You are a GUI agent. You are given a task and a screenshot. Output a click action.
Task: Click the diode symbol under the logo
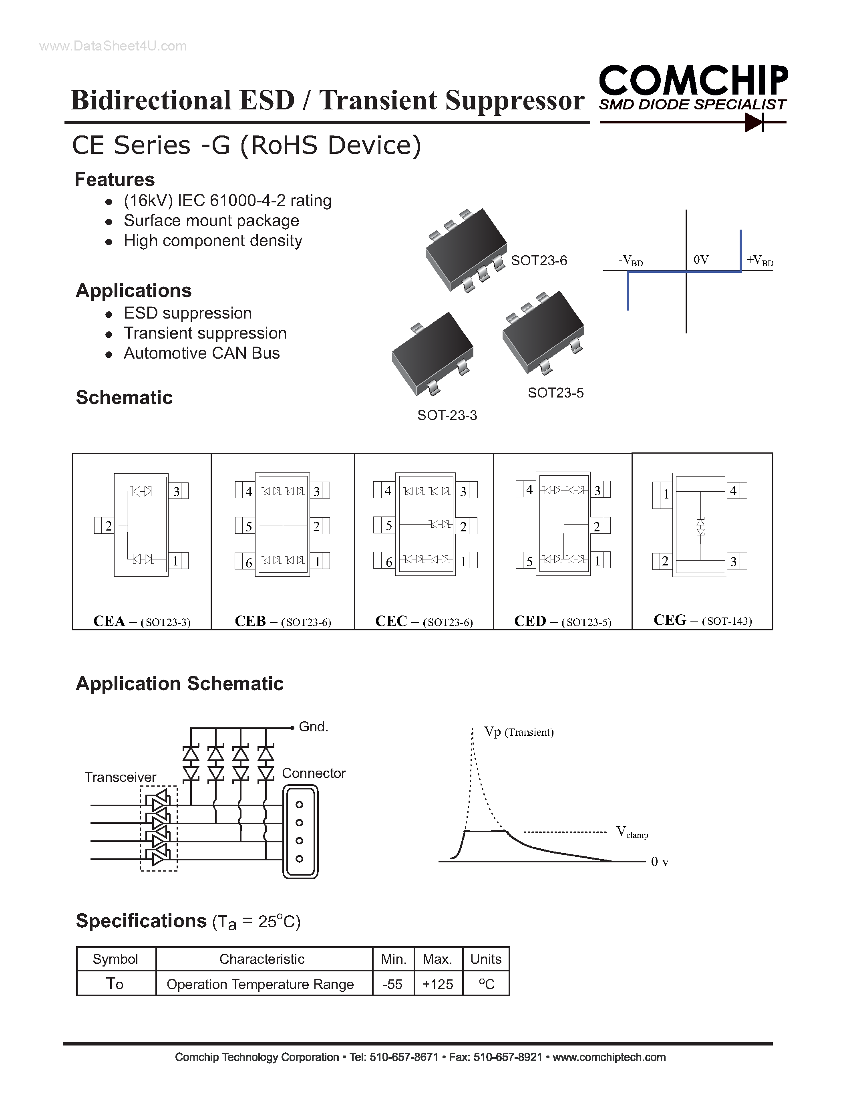[x=754, y=122]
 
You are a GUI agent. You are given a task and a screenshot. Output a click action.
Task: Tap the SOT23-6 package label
[x=539, y=260]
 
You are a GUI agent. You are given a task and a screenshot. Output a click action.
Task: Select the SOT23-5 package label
[x=555, y=393]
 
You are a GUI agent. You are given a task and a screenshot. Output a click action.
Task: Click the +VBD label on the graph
[x=759, y=260]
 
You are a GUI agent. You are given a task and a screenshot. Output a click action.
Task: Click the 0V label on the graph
[x=701, y=260]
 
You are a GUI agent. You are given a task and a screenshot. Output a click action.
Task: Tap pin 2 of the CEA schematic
[x=108, y=526]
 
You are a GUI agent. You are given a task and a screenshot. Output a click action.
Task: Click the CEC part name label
[x=391, y=621]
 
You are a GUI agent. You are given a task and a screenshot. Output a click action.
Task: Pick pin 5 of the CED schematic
[x=529, y=561]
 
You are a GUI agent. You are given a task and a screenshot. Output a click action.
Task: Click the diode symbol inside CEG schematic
[x=700, y=527]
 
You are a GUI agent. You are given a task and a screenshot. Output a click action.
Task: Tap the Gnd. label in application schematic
[x=313, y=727]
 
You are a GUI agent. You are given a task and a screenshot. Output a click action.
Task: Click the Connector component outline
[x=300, y=832]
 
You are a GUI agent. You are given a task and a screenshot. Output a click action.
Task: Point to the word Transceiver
[x=120, y=777]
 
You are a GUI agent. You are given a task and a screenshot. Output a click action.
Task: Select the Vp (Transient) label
[x=519, y=732]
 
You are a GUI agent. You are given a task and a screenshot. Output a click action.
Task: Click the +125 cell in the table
[x=438, y=984]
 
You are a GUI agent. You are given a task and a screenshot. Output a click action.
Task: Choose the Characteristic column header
[x=262, y=959]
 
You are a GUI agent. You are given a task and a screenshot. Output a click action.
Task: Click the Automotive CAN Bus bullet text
[x=202, y=353]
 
